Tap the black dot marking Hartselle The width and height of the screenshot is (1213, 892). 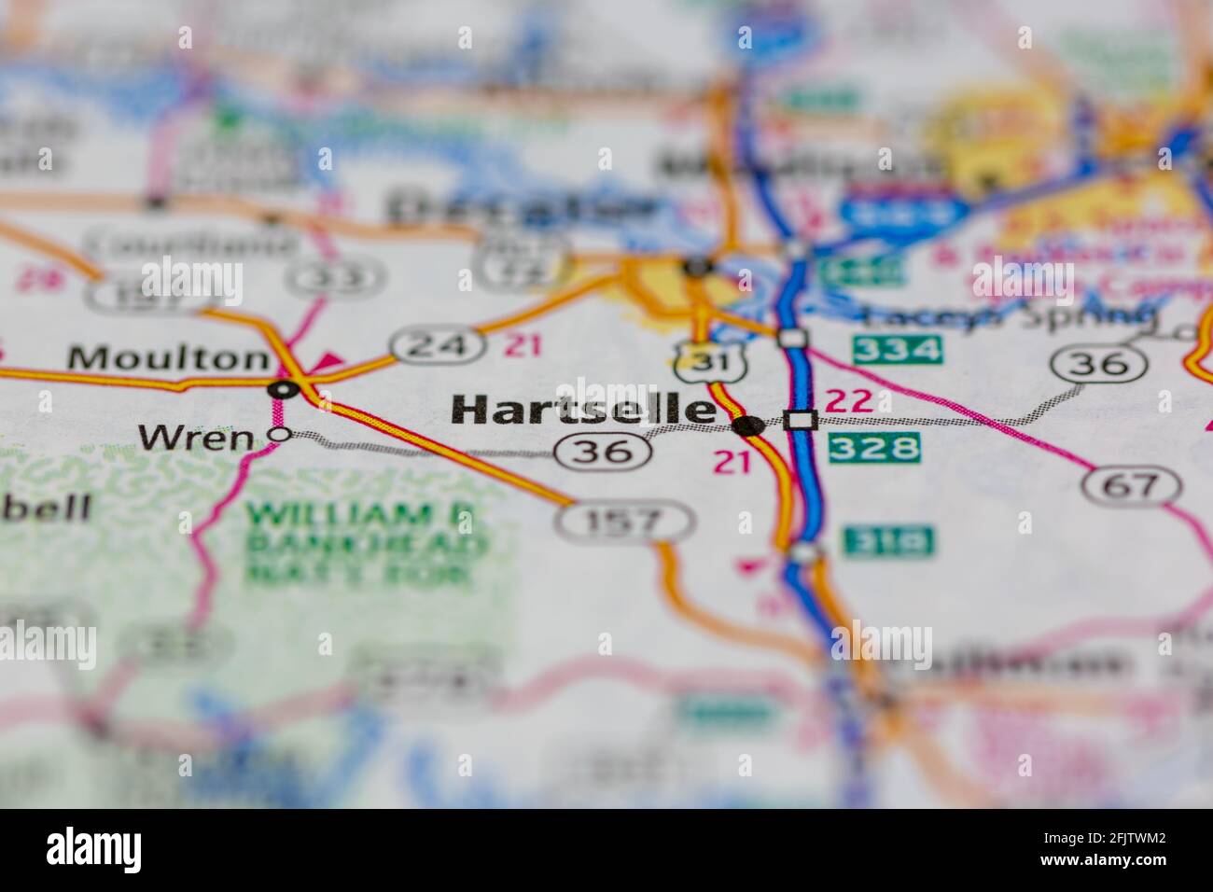pyautogui.click(x=748, y=426)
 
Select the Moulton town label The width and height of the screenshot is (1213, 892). pyautogui.click(x=169, y=357)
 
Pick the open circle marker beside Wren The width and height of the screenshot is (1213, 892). pyautogui.click(x=279, y=434)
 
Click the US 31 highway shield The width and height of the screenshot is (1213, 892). pyautogui.click(x=695, y=362)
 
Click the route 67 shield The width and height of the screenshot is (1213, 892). pyautogui.click(x=1132, y=485)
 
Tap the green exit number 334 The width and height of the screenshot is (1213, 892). pyautogui.click(x=896, y=350)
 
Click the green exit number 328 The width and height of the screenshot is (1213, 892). pyautogui.click(x=874, y=448)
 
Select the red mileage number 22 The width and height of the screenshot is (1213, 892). pyautogui.click(x=849, y=401)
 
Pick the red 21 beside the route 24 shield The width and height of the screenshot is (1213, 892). pyautogui.click(x=523, y=346)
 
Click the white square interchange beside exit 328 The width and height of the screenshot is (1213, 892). pyautogui.click(x=800, y=420)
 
